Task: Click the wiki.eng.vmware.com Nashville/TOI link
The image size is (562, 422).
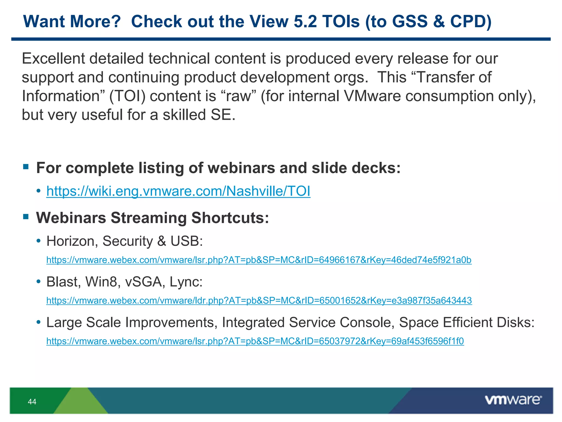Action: click(178, 191)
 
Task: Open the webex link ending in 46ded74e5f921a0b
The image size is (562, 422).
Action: click(259, 260)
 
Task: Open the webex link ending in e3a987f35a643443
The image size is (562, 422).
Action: click(259, 301)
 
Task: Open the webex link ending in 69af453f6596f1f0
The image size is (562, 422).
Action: click(255, 341)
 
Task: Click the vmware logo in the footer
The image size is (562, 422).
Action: click(513, 400)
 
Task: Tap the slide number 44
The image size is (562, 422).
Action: click(32, 402)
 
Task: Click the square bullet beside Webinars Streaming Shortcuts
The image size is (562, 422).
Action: click(26, 217)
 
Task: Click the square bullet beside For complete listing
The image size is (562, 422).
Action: click(26, 167)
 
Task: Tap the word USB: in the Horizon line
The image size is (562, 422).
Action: click(187, 241)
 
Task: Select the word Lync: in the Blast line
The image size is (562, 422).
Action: click(186, 282)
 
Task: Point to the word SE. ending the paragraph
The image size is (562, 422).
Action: click(223, 115)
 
